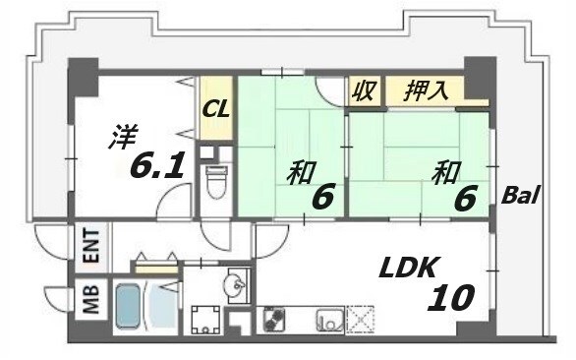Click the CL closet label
[217, 109]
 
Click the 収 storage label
[363, 92]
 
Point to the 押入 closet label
[428, 91]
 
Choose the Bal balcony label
[521, 195]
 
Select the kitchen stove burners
[275, 322]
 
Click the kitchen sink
[327, 322]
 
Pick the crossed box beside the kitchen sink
[361, 321]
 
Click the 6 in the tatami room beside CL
[322, 197]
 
